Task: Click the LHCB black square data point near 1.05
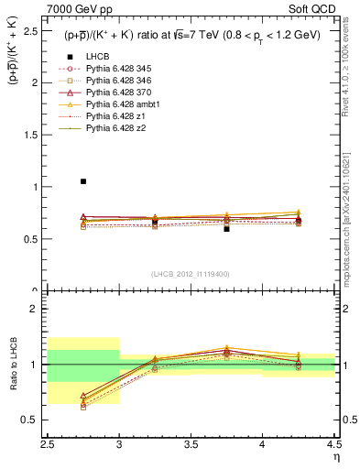(83, 181)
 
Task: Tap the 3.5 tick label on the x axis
(191, 443)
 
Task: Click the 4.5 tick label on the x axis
(333, 443)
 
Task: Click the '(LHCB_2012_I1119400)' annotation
(191, 273)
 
